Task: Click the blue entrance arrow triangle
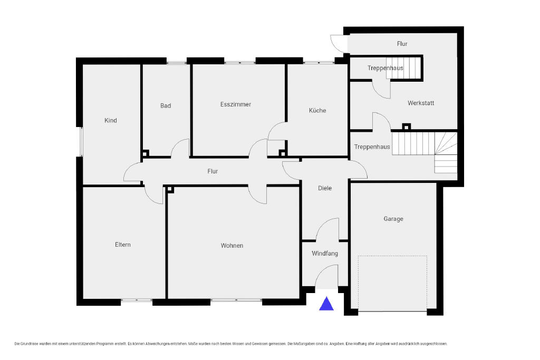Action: [x=326, y=304]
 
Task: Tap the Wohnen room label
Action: [x=232, y=246]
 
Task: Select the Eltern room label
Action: [x=122, y=245]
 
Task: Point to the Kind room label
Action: [x=111, y=121]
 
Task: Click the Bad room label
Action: [x=166, y=105]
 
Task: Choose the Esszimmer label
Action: [x=236, y=104]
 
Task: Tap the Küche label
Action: [x=317, y=111]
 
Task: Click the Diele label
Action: [x=325, y=188]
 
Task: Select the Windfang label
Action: [x=325, y=254]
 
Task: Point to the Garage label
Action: [x=393, y=219]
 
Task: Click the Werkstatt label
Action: [x=421, y=103]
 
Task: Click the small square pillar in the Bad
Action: [x=146, y=153]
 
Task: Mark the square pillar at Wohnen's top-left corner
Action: [x=170, y=190]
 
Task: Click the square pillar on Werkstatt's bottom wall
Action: [x=407, y=127]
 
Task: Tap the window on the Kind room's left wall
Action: [x=80, y=142]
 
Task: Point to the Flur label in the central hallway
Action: [x=213, y=171]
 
